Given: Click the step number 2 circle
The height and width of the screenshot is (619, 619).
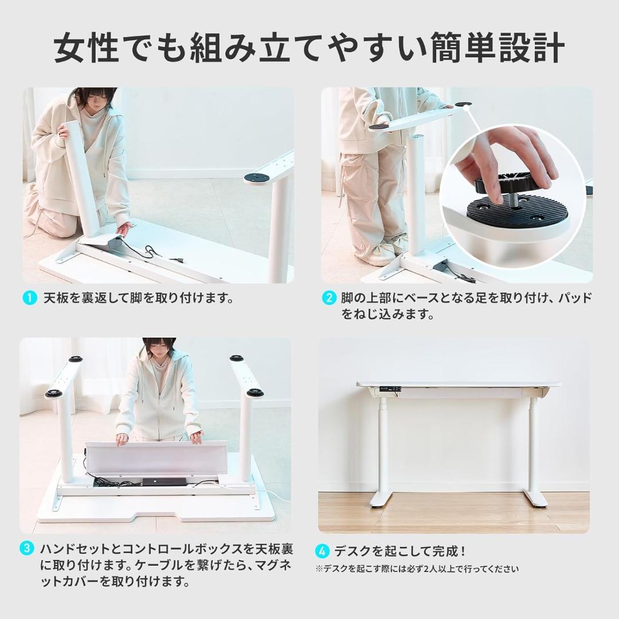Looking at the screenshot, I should click(328, 298).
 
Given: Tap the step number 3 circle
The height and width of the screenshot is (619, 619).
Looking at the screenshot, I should click(26, 548).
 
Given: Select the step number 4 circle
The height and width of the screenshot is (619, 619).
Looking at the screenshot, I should click(323, 551).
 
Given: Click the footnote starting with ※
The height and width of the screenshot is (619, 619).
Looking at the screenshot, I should click(417, 569).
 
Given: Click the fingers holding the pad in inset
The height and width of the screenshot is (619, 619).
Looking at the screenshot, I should click(504, 158).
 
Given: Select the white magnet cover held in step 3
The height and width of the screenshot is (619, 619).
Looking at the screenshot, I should click(156, 457).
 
